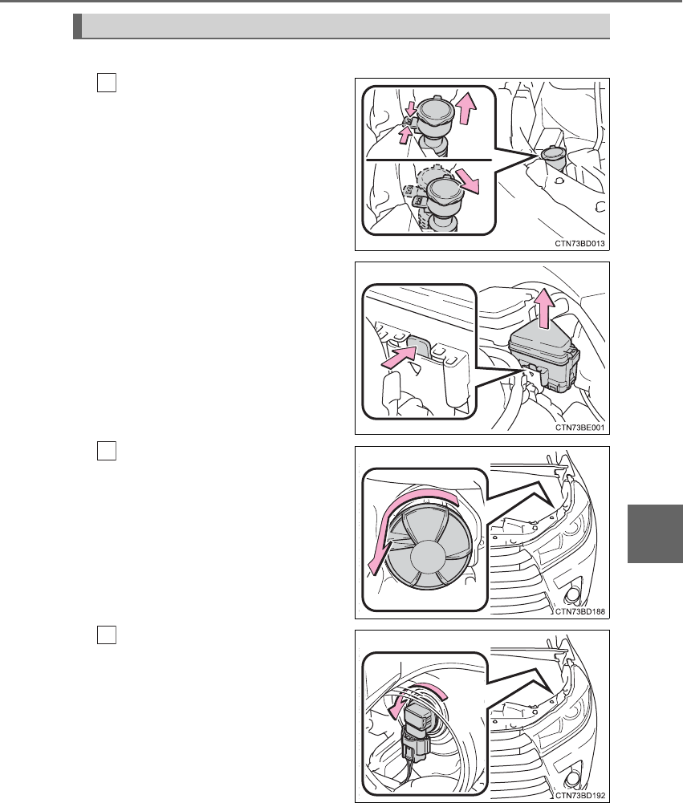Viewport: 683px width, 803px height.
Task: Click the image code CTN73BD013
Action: pos(579,244)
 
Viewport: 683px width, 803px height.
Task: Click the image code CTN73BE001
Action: pos(580,428)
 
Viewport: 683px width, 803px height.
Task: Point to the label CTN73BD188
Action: pos(580,611)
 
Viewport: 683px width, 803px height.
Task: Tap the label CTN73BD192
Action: pos(580,796)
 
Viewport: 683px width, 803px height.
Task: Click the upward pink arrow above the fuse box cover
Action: pos(544,307)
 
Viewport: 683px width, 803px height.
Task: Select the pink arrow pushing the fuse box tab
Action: pos(398,357)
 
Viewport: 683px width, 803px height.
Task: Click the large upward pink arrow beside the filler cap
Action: pos(466,108)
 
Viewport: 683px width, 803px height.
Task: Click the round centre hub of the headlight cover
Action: pos(429,558)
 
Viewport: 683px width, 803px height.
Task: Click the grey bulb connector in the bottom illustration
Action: pos(417,722)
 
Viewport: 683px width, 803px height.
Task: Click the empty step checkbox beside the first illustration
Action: pos(107,83)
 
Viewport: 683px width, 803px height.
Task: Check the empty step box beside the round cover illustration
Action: pos(107,451)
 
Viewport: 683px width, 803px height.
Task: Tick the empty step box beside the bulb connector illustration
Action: pos(107,635)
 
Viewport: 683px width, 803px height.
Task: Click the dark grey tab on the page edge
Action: pos(656,533)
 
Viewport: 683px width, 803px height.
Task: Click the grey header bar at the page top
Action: pos(341,26)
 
